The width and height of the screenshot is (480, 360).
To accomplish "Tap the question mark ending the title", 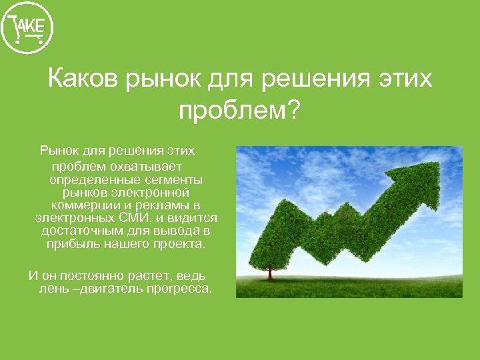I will tap(293, 109).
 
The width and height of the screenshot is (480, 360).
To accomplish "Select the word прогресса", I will tap(179, 289).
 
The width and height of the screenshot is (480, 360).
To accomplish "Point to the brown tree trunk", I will tap(269, 273).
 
